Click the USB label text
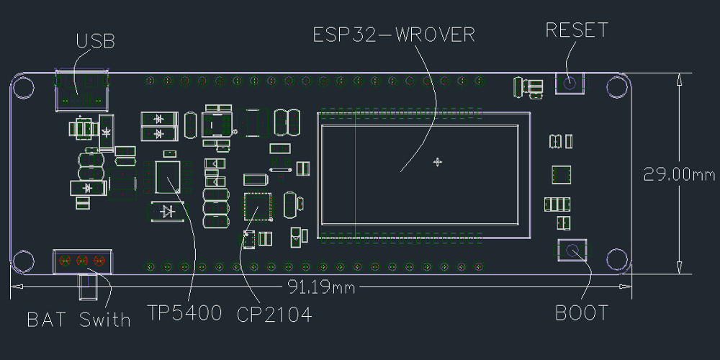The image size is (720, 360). tap(95, 41)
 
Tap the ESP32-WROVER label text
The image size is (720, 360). tap(394, 34)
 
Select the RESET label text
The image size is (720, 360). tap(576, 30)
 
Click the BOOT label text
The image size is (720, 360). tap(582, 313)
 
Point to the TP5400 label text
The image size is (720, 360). tap(184, 315)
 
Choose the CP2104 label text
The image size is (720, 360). tap(274, 315)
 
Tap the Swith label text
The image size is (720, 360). tap(105, 319)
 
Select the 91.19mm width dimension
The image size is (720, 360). tap(322, 287)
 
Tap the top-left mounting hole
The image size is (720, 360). tap(23, 86)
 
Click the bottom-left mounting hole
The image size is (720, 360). tap(23, 261)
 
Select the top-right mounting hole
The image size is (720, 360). tap(617, 86)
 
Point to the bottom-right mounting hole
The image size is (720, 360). tap(617, 260)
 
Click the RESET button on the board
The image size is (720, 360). tap(570, 84)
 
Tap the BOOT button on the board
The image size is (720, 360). tap(572, 251)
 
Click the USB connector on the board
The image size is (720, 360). tap(82, 91)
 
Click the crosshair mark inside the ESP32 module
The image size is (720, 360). tap(437, 162)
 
